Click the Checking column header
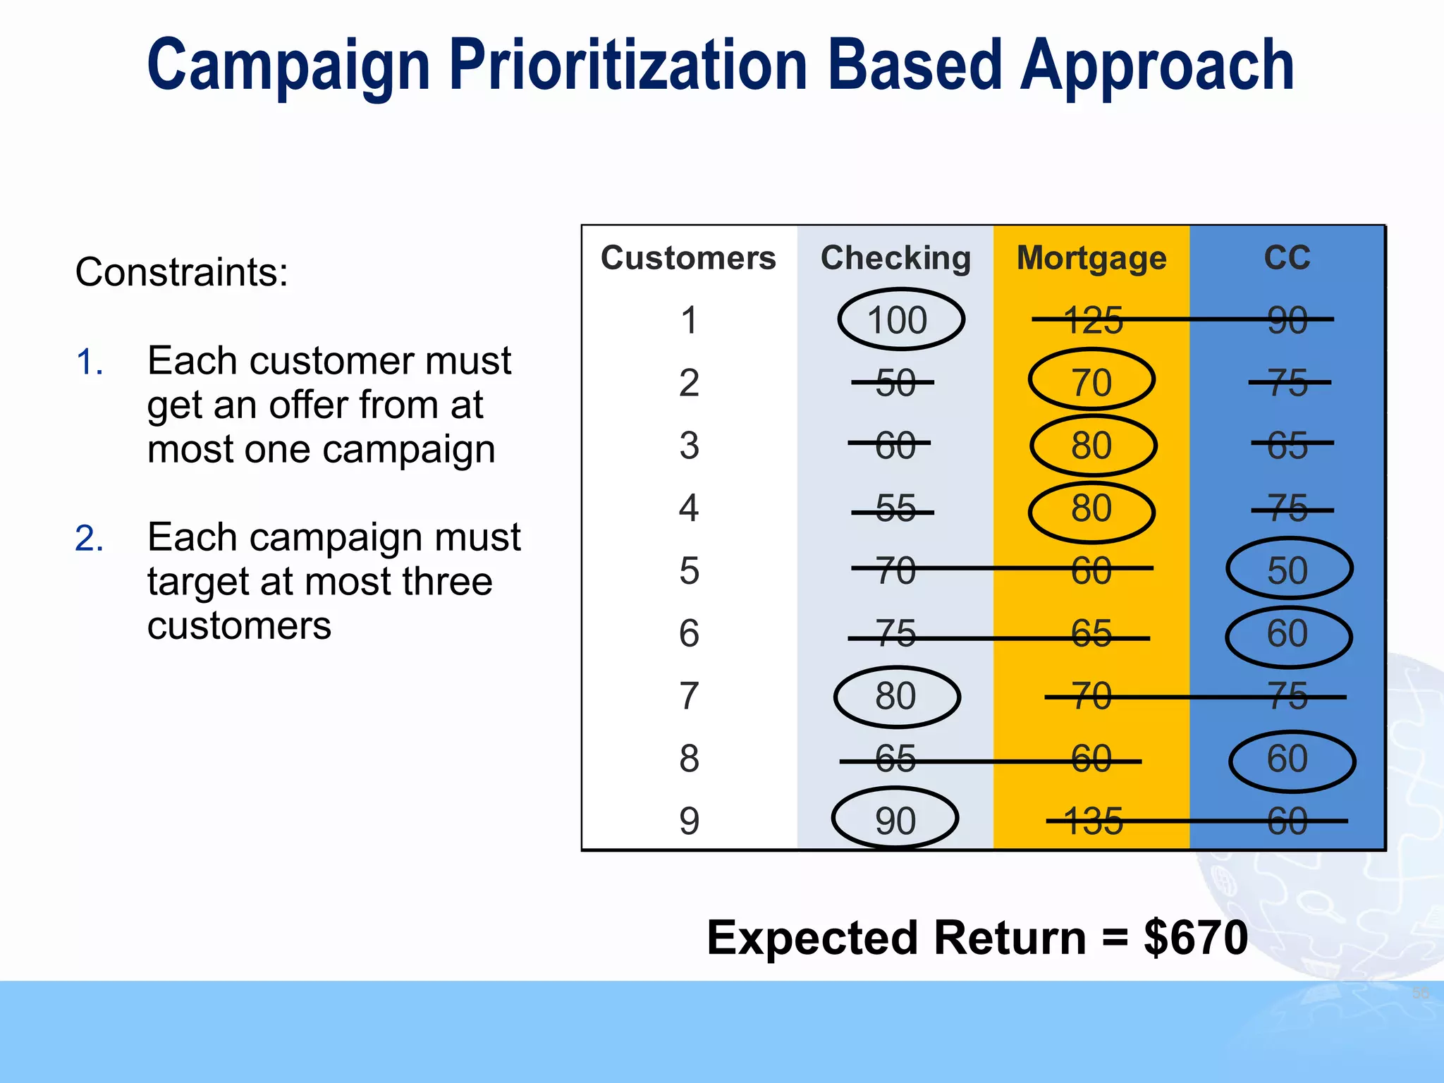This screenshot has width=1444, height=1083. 895,258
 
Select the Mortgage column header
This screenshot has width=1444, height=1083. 1091,258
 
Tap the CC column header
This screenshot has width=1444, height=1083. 1287,258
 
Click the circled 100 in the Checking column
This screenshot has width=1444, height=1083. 897,320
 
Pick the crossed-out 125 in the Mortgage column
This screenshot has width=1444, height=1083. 1093,320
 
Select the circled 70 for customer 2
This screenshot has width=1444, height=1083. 1091,382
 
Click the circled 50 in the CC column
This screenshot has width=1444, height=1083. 1287,570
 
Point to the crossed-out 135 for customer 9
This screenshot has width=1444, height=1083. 1093,821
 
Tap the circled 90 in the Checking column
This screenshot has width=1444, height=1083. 895,821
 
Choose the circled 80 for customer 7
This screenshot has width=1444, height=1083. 895,696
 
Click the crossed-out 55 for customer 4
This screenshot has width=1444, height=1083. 895,508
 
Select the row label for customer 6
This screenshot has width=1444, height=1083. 689,633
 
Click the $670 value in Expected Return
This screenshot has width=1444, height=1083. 1196,938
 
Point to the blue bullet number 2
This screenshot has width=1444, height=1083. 89,539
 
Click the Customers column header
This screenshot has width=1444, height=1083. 688,258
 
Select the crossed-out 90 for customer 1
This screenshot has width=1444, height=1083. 1287,320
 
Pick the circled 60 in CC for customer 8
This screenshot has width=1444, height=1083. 1287,759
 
